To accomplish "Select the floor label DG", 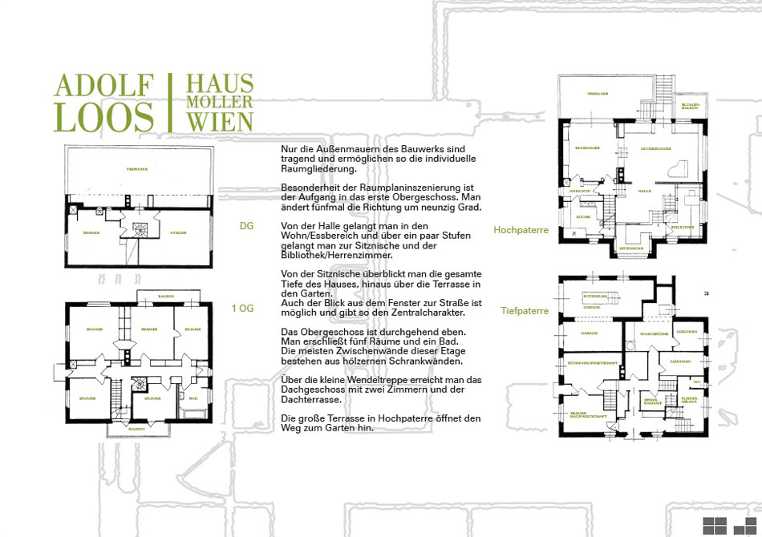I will pyautogui.click(x=246, y=226).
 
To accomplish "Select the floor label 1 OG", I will pyautogui.click(x=241, y=308).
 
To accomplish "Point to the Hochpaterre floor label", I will pyautogui.click(x=521, y=230).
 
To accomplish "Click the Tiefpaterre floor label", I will pyautogui.click(x=525, y=310).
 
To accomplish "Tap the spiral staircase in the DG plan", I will pyautogui.click(x=141, y=229).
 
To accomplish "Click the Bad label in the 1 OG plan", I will pyautogui.click(x=193, y=398).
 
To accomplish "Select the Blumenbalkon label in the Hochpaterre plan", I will pyautogui.click(x=691, y=106).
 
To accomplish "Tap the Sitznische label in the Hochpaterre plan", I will pyautogui.click(x=629, y=248).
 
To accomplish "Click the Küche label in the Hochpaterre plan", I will pyautogui.click(x=583, y=217).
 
